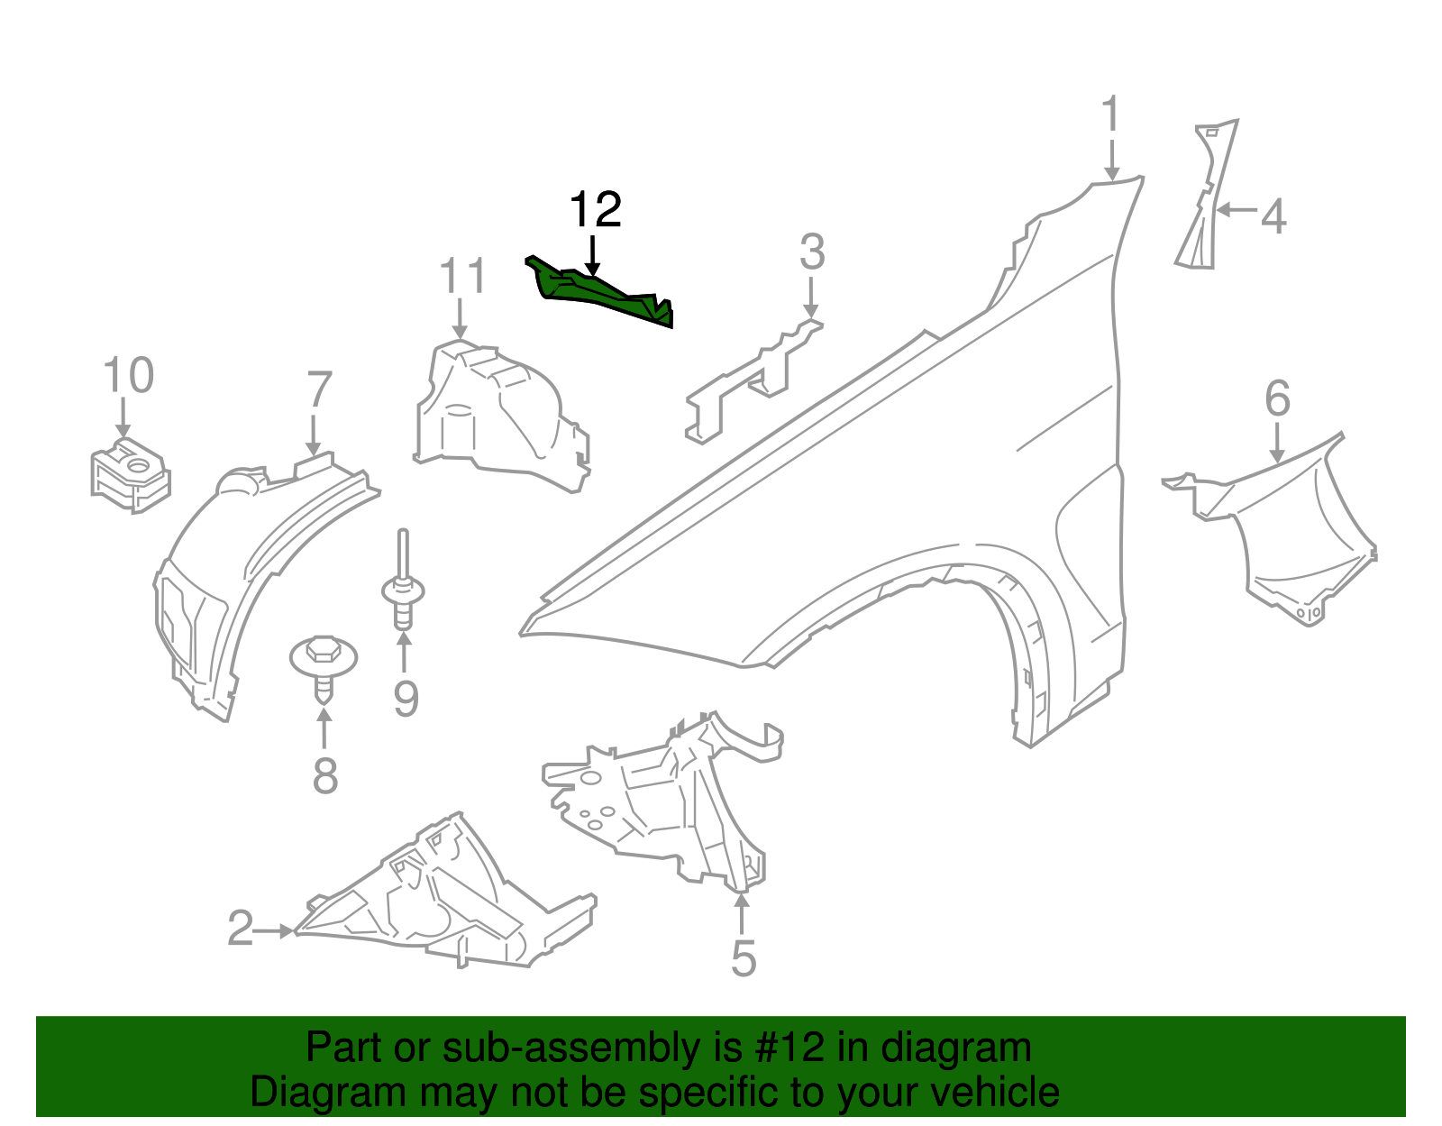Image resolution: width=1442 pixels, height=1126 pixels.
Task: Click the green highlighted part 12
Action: pos(599,294)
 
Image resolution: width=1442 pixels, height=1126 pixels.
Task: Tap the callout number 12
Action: pos(595,211)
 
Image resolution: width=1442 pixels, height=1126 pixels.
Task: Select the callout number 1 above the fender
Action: pos(1111,115)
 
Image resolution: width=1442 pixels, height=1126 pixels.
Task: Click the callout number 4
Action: pos(1273,217)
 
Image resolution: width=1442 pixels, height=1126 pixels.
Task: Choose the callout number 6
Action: pos(1277,398)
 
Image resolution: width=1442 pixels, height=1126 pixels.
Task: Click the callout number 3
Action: pos(811,252)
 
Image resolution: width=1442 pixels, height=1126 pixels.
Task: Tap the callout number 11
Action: pos(462,277)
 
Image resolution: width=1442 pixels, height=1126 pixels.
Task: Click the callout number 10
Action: pos(128,375)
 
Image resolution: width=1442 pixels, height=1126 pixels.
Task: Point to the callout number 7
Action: pos(319,390)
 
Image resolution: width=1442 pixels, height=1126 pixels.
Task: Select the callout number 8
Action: pos(324,775)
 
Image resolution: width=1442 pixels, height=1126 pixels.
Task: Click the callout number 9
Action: pos(406,699)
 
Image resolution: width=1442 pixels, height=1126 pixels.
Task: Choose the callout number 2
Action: pos(240,929)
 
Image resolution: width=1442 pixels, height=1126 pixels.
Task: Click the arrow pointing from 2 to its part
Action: pos(276,930)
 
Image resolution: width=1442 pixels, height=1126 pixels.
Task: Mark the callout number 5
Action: pos(743,958)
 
